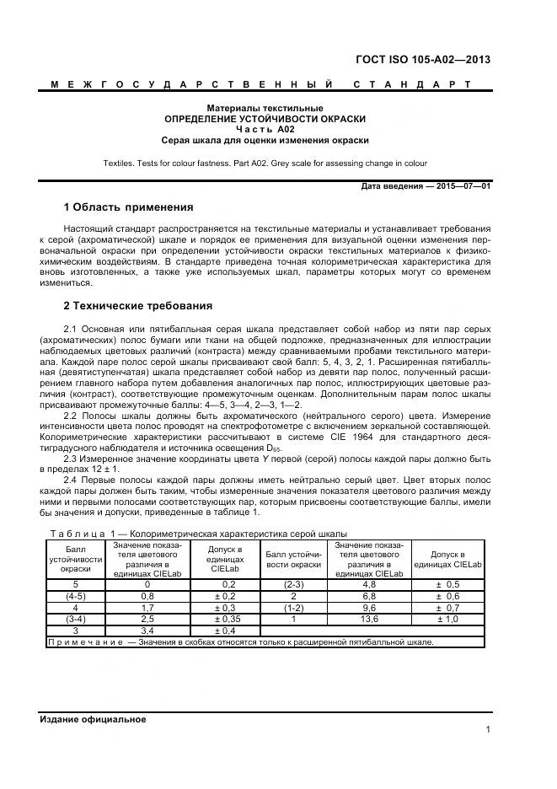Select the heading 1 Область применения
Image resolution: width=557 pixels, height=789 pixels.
click(x=129, y=207)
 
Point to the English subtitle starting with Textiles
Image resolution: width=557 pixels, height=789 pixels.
click(x=265, y=163)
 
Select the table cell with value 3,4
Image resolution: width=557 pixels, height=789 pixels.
click(x=147, y=630)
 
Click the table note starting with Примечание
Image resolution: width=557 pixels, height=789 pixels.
click(x=240, y=641)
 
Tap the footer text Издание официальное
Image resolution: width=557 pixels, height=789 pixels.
click(x=93, y=719)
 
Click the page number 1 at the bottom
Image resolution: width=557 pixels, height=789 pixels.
click(x=487, y=730)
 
